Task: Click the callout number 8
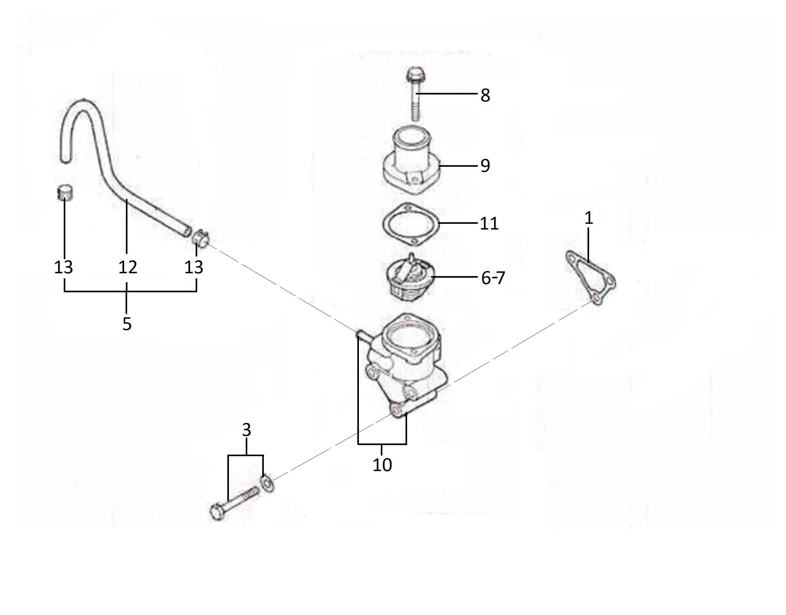[485, 95]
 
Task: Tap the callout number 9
[485, 165]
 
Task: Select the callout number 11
[489, 223]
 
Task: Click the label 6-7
[493, 278]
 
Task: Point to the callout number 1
[588, 218]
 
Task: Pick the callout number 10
[382, 465]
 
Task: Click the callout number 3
[246, 430]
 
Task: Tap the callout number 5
[127, 324]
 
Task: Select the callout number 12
[127, 267]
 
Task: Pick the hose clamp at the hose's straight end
[200, 238]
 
